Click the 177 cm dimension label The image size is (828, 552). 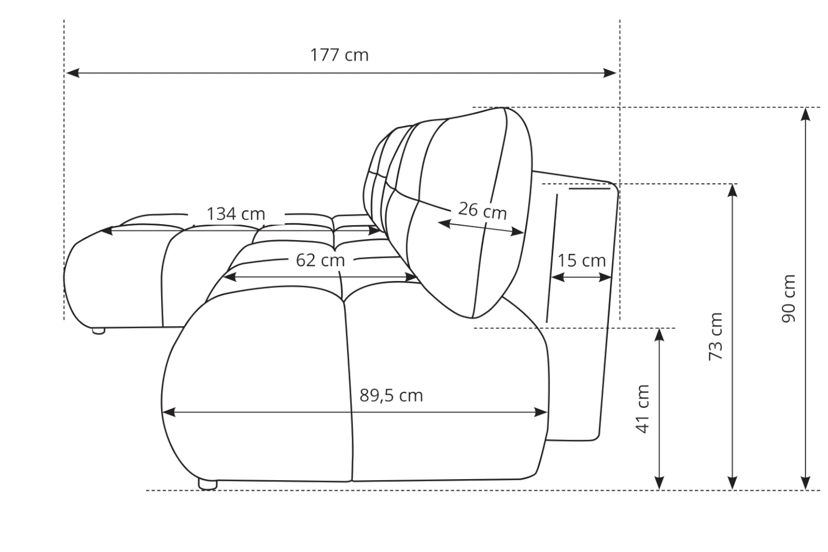(x=339, y=55)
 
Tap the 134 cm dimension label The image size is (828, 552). (x=236, y=214)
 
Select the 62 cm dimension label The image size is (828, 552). (x=320, y=261)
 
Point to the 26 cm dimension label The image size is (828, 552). (x=482, y=210)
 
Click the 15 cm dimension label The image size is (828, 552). (x=581, y=261)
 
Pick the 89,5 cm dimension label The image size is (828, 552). (x=391, y=396)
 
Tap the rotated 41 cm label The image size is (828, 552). (x=643, y=408)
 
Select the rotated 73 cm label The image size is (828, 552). (x=715, y=337)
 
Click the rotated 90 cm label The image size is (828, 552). (x=788, y=299)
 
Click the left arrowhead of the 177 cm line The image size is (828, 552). (x=72, y=73)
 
